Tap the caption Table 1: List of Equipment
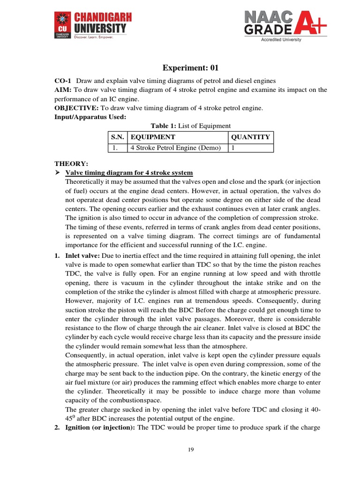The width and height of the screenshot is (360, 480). coord(190,126)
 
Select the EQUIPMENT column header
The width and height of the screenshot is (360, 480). coord(153,137)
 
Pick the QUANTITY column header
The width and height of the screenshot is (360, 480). coord(250,137)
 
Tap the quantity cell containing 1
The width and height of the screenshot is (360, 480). coord(232,148)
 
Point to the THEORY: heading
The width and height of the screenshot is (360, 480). coord(71,164)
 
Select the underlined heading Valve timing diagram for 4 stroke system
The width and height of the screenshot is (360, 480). coord(129,173)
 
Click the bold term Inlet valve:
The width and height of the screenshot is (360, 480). coord(82,255)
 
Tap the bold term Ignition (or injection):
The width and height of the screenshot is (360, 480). coord(100,427)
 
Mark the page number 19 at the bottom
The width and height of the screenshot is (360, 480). coord(191,450)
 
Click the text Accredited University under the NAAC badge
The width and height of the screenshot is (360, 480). coord(281,40)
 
